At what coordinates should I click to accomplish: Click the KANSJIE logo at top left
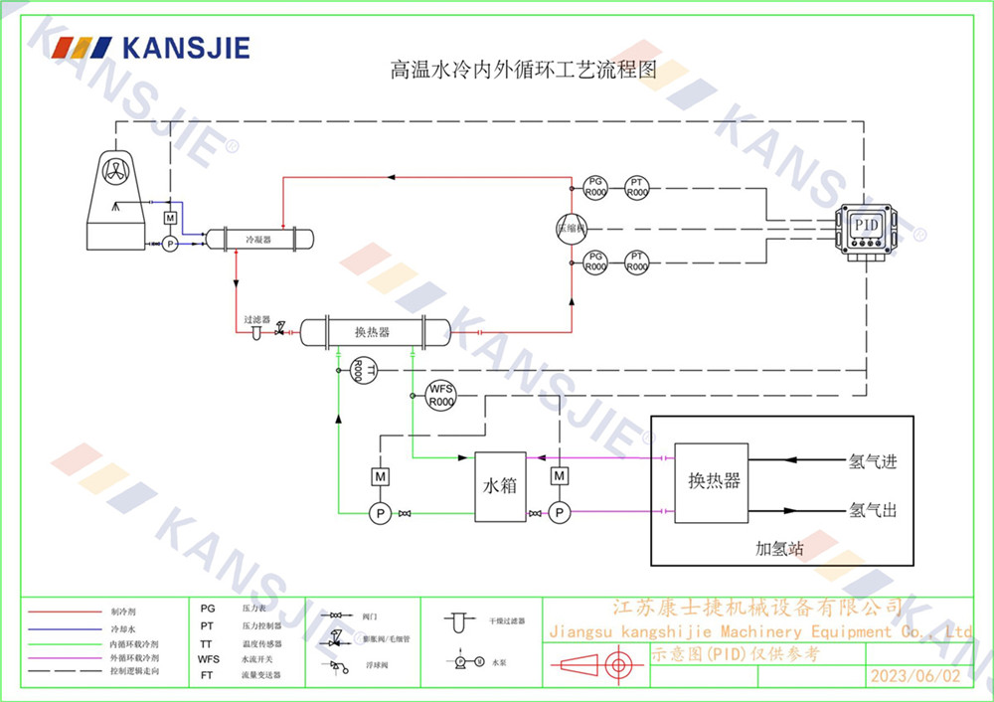tap(150, 47)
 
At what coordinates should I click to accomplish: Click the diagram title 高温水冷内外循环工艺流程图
tap(523, 71)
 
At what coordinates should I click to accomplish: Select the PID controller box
tap(868, 226)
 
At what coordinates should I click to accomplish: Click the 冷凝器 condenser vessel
tap(258, 240)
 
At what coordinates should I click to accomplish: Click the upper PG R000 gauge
tap(594, 187)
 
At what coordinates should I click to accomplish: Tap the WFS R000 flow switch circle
tap(440, 395)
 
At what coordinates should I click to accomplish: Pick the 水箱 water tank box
tap(500, 487)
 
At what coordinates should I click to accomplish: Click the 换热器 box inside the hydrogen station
tap(712, 482)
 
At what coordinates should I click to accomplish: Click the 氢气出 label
tap(873, 510)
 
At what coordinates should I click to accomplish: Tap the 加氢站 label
tap(779, 548)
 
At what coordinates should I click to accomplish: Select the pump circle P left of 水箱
tap(379, 513)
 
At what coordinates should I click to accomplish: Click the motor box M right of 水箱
tap(560, 477)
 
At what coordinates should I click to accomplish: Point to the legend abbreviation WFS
tap(209, 658)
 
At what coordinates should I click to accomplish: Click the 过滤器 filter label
tap(257, 319)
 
